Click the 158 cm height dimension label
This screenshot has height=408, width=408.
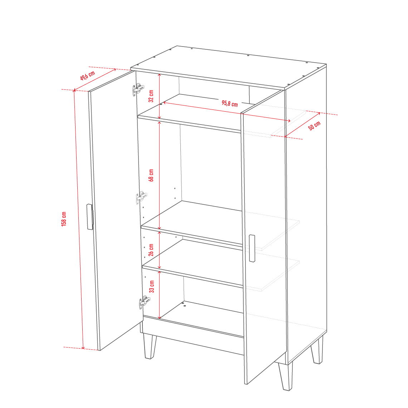pos(64,219)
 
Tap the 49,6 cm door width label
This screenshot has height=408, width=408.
pos(87,76)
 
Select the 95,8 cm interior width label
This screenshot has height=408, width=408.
pos(230,103)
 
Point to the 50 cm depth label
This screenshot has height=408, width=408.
pos(314,125)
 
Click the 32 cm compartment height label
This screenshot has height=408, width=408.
pos(151,96)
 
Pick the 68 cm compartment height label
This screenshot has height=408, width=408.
pos(151,175)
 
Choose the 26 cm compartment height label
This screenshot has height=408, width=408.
pos(151,250)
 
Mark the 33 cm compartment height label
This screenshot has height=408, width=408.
pos(151,286)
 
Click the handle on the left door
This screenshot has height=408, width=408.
pos(90,217)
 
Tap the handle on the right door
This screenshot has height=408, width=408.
pos(252,248)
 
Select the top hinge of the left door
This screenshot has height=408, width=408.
pos(138,89)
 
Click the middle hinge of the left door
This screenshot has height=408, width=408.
pos(141,198)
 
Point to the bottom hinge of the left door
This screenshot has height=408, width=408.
pos(145,302)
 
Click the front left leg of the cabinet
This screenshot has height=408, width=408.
pos(150,346)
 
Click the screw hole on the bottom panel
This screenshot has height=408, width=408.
pos(184,305)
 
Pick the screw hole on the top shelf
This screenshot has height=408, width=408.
pos(161,104)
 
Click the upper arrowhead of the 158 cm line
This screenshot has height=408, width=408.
pos(74,91)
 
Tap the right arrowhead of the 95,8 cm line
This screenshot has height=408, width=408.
pos(289,121)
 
